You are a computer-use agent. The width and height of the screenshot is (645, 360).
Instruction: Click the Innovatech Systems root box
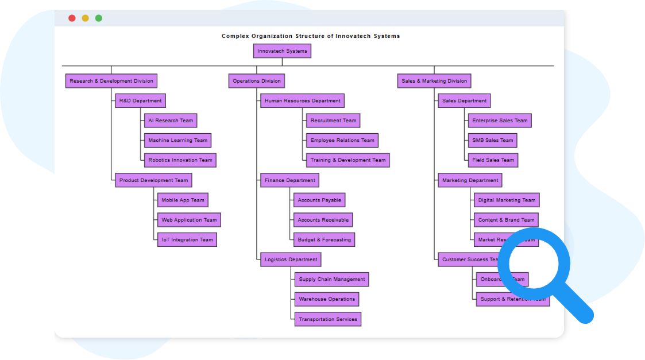(282, 51)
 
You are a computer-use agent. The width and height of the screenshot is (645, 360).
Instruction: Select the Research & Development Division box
(111, 81)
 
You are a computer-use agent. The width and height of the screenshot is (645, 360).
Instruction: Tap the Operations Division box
(257, 81)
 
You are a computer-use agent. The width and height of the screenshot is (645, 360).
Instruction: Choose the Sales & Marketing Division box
(434, 81)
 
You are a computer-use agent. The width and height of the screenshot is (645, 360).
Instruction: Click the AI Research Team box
(171, 121)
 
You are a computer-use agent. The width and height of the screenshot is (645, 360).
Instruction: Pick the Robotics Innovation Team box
(180, 160)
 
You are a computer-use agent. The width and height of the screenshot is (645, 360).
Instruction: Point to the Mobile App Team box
(183, 200)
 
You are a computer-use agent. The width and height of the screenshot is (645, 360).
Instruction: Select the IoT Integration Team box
(187, 240)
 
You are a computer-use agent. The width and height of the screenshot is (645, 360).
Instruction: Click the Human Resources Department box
(302, 100)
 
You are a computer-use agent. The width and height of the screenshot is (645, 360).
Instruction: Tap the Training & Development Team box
(348, 160)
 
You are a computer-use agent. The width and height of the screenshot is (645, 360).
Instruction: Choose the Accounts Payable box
(319, 200)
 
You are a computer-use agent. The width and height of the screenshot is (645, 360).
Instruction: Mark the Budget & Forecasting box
(324, 239)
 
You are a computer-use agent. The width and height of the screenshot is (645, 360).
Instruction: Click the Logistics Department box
(291, 260)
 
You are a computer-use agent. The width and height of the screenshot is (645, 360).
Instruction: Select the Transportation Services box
(328, 319)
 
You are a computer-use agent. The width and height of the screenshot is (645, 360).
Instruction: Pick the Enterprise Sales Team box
(500, 121)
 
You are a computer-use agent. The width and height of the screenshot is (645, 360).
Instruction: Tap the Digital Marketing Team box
(507, 200)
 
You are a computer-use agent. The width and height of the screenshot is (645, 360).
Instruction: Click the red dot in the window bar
(72, 18)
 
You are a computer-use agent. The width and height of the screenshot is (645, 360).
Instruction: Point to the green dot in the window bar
(99, 18)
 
